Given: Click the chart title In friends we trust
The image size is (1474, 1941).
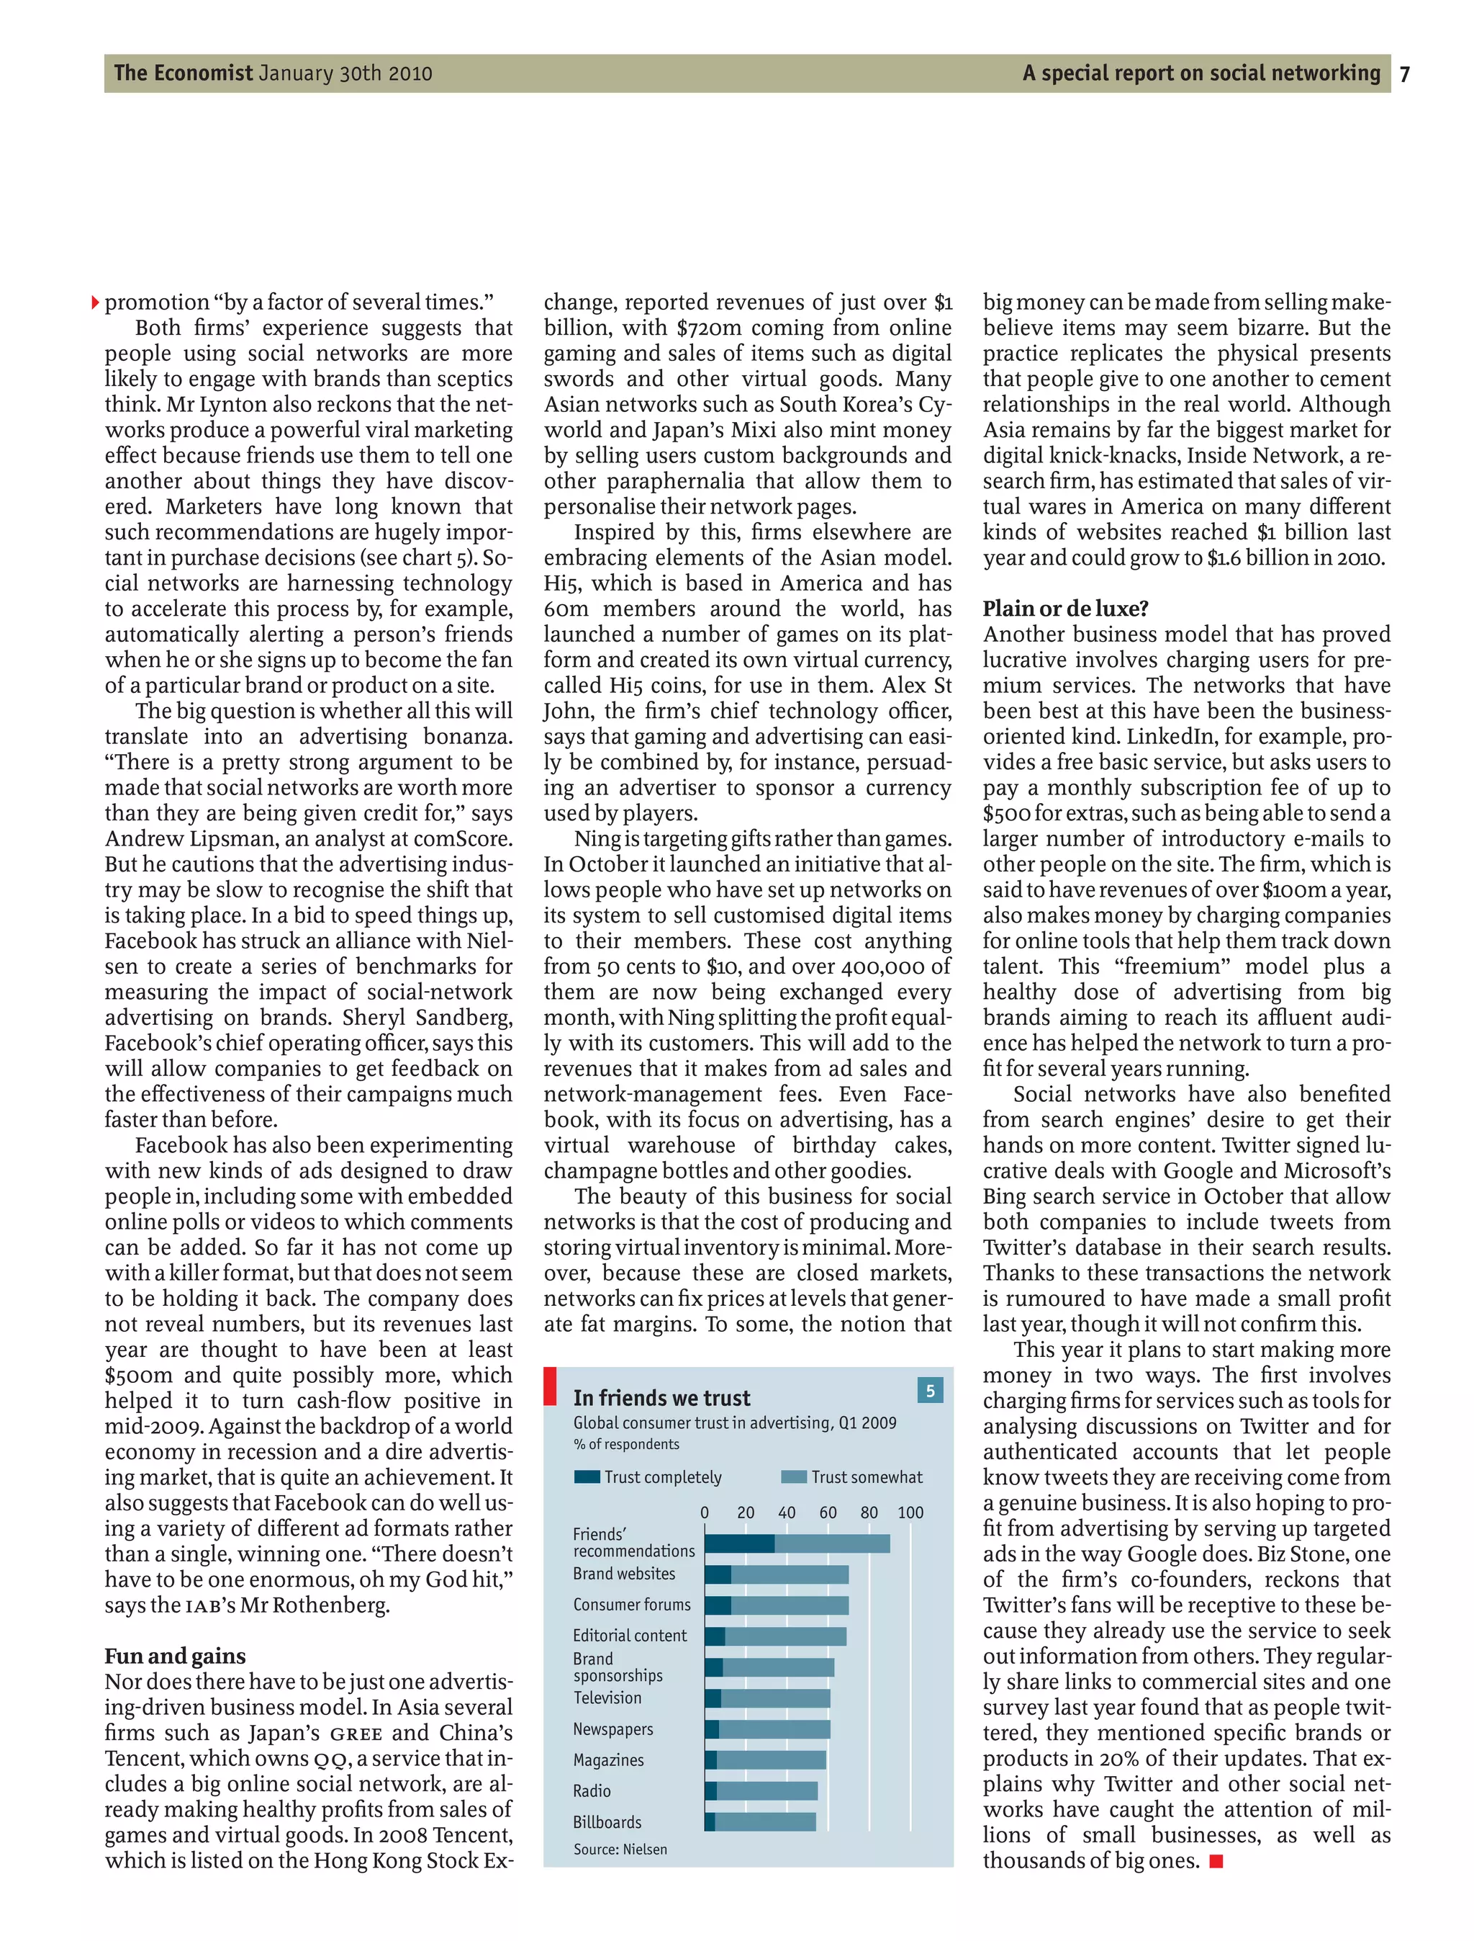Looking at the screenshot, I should [661, 1397].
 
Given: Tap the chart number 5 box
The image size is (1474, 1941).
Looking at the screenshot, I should [930, 1391].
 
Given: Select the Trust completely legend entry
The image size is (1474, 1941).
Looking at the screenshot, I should [648, 1476].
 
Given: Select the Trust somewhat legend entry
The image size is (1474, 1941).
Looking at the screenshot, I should [852, 1476].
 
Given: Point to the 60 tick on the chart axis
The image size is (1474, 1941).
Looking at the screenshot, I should [828, 1512].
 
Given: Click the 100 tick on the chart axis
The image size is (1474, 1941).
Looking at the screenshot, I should [910, 1512].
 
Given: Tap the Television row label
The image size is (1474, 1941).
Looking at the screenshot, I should [607, 1698].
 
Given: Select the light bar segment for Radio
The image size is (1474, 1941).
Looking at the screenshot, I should [767, 1791].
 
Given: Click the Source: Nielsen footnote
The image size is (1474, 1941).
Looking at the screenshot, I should [620, 1849].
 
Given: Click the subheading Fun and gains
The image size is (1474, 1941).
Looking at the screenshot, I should [175, 1656].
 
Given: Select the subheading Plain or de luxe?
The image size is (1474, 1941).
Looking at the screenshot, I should [1065, 609].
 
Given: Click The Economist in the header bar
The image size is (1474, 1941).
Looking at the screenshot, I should [183, 73].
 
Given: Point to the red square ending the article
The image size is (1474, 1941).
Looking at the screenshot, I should [1216, 1861].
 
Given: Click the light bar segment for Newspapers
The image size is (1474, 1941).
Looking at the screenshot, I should [774, 1729].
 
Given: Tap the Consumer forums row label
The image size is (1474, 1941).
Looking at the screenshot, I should [632, 1605].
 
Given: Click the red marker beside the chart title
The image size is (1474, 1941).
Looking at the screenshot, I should [550, 1385].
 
